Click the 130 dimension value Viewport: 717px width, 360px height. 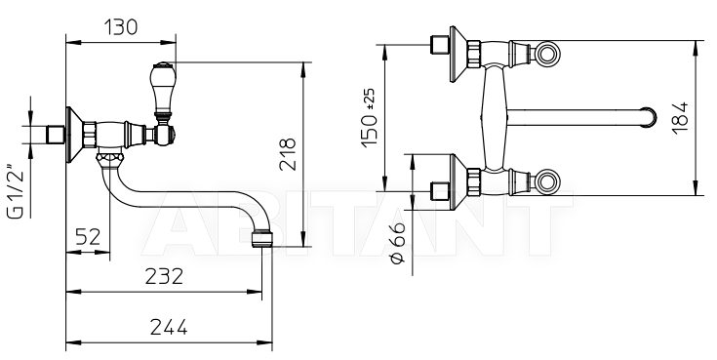[x=121, y=27]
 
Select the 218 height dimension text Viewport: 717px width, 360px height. [x=288, y=154]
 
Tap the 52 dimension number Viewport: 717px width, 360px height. [x=88, y=237]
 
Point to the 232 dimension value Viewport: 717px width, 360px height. [x=164, y=276]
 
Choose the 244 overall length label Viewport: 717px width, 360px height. [x=169, y=327]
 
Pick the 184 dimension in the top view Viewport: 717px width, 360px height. [x=681, y=117]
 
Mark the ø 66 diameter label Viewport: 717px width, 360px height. [x=397, y=243]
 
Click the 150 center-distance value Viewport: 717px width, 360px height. [x=370, y=131]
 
